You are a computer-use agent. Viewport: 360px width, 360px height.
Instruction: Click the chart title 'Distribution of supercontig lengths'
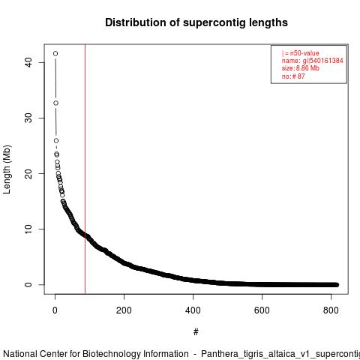click(196, 22)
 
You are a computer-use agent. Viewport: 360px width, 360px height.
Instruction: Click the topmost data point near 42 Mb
click(55, 53)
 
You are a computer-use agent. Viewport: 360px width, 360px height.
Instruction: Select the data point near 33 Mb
click(55, 103)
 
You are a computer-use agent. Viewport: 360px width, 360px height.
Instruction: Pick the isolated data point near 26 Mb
click(56, 140)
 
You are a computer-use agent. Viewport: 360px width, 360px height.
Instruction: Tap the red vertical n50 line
click(85, 169)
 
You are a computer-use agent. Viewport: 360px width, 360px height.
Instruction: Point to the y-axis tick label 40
click(28, 62)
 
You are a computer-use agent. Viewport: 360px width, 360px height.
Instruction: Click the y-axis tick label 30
click(28, 118)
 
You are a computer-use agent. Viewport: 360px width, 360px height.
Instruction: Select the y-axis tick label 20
click(28, 173)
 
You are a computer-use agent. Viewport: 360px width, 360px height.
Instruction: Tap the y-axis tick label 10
click(28, 229)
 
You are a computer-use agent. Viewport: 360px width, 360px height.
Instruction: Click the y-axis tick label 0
click(28, 284)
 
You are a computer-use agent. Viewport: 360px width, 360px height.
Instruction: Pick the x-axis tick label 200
click(124, 310)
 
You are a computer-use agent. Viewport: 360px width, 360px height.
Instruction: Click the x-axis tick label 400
click(193, 310)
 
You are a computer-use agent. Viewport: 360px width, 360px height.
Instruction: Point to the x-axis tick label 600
click(262, 310)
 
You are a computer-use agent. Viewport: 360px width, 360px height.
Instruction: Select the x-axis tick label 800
click(331, 310)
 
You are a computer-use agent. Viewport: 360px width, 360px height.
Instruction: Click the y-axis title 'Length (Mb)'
click(7, 169)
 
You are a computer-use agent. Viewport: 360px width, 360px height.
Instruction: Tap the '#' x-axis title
click(196, 332)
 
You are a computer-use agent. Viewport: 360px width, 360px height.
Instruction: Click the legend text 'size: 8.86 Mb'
click(301, 68)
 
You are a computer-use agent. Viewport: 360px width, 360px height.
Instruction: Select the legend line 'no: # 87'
click(293, 76)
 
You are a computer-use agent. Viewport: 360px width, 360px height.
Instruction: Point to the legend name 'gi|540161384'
click(323, 61)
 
